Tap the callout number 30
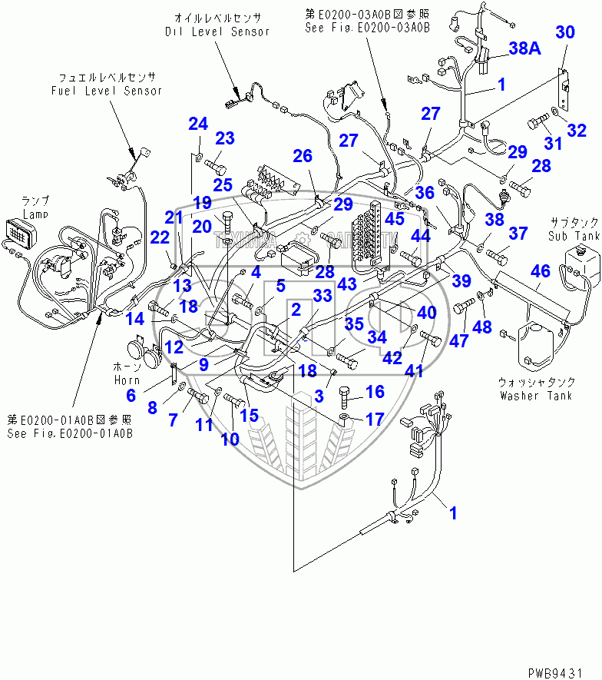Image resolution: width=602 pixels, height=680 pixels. (x=564, y=32)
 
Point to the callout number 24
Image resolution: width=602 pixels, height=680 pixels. (x=198, y=124)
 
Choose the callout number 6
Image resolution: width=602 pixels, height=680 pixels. (x=131, y=396)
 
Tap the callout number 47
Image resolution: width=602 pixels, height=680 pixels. (x=459, y=340)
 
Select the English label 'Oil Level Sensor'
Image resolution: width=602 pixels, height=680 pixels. (x=217, y=32)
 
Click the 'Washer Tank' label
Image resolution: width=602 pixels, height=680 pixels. (x=534, y=396)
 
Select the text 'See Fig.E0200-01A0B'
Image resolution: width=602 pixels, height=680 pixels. (x=70, y=433)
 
